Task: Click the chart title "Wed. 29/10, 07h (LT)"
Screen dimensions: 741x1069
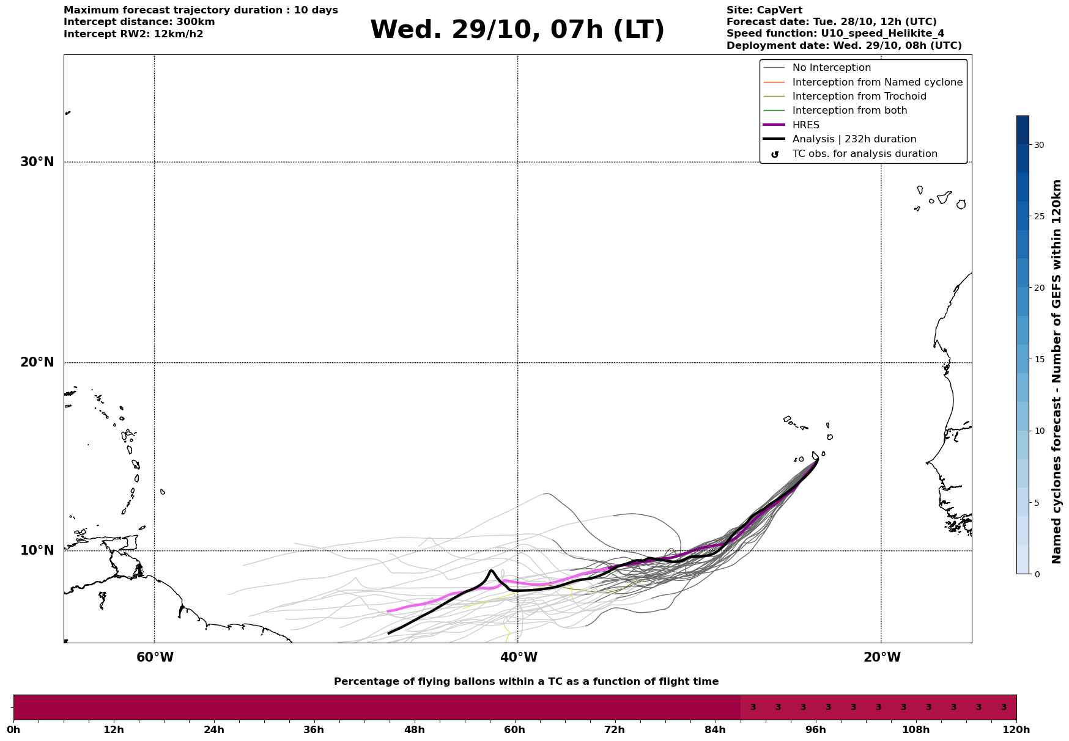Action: click(x=517, y=30)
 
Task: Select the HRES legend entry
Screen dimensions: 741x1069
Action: click(x=805, y=125)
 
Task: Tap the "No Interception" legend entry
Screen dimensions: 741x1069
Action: click(x=831, y=68)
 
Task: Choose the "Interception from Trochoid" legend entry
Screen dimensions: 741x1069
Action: click(x=859, y=97)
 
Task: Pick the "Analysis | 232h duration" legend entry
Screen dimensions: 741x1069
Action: click(x=854, y=139)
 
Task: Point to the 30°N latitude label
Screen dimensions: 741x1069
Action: click(x=37, y=162)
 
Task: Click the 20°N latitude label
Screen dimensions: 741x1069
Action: click(x=37, y=362)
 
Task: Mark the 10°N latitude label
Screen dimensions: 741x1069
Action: click(x=37, y=550)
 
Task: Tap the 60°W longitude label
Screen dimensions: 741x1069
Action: click(x=155, y=657)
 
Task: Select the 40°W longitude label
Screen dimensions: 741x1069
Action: click(x=519, y=657)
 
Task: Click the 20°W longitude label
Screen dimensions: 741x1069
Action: click(x=882, y=657)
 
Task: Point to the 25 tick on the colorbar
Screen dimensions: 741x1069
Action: click(x=1039, y=216)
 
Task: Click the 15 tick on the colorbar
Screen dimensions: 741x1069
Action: click(x=1039, y=359)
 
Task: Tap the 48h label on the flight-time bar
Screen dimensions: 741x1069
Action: click(x=414, y=730)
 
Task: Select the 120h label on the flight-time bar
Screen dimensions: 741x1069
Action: click(x=1016, y=730)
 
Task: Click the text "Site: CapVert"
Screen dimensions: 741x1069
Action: click(x=764, y=10)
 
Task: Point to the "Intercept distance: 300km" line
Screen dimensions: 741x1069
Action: click(x=139, y=22)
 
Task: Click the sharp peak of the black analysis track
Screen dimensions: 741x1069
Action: click(x=491, y=571)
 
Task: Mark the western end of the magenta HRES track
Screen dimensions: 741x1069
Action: click(x=388, y=611)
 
